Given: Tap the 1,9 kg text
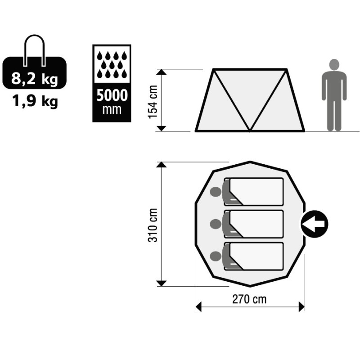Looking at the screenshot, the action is point(35,101).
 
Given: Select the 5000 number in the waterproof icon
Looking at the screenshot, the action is point(112,95).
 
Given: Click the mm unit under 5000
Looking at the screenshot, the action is point(112,110).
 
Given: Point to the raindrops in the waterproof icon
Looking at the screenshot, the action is point(112,64).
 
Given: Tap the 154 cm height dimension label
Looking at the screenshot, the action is point(153,102).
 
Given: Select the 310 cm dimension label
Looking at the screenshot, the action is point(153,225).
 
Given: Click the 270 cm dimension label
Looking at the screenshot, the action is point(249,299).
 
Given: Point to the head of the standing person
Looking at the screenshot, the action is point(334,64).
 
